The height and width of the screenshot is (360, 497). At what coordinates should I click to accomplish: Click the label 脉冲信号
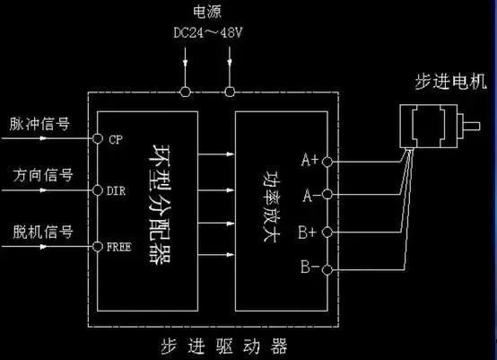click(x=38, y=123)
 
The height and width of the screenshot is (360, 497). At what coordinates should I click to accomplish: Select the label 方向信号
click(x=38, y=174)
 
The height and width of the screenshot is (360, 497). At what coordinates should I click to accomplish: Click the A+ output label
click(x=309, y=161)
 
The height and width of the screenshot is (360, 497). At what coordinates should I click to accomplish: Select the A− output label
click(x=309, y=194)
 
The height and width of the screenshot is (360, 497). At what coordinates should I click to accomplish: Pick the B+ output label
click(x=309, y=231)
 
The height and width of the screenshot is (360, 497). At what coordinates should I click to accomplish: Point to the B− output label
click(x=309, y=268)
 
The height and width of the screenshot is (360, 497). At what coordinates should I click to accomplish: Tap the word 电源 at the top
click(x=207, y=12)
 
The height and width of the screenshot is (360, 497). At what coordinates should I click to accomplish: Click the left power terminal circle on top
click(x=186, y=92)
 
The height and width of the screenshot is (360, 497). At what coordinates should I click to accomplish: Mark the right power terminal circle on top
click(x=231, y=92)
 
